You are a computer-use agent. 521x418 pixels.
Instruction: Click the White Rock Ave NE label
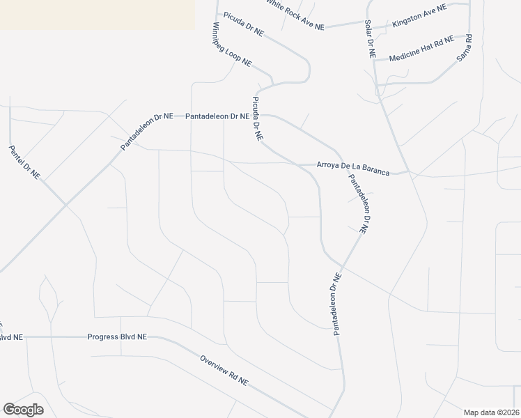pos(295,13)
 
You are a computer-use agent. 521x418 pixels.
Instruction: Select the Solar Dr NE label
pos(370,38)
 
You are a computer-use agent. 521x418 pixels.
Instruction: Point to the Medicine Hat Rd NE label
pos(421,48)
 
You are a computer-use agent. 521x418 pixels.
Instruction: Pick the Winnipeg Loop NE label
pos(232,45)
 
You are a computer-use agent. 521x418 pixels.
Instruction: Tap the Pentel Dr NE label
pos(24,162)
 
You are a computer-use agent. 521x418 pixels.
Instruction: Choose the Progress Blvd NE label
pos(117,336)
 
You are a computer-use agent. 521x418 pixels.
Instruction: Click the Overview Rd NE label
pos(224,371)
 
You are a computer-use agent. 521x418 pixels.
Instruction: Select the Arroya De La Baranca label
pos(352,168)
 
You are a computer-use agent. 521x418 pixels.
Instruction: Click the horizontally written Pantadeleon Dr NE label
pos(216,116)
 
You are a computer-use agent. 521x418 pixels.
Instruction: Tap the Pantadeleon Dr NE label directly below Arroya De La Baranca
pos(358,204)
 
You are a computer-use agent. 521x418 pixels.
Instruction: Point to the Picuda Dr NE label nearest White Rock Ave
pos(244,23)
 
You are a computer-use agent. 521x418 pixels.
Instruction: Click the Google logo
pos(24,410)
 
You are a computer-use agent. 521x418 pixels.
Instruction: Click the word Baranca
pos(374,169)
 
